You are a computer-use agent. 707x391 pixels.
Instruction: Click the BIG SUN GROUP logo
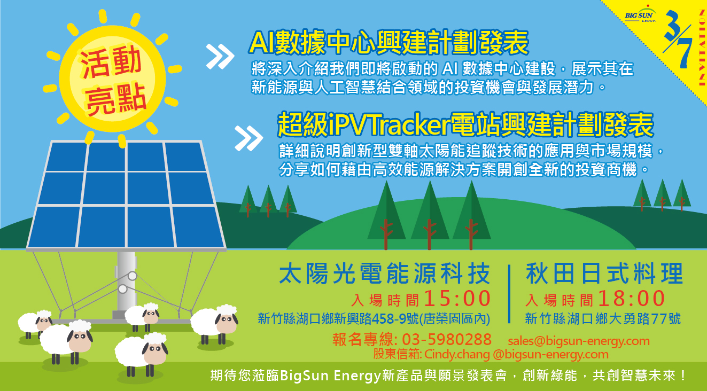[640, 14]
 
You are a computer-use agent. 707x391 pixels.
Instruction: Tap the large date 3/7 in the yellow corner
[678, 39]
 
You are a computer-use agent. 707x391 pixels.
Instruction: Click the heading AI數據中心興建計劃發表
[389, 43]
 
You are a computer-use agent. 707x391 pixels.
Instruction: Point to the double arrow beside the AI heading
[220, 57]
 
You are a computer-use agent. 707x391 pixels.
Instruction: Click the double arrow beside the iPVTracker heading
[248, 138]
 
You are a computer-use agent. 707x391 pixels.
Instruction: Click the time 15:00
[457, 299]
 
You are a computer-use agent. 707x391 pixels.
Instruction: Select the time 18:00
[632, 299]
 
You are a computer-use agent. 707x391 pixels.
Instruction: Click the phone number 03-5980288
[447, 340]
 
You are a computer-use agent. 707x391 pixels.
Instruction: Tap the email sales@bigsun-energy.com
[579, 341]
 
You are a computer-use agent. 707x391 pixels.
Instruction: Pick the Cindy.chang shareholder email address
[516, 354]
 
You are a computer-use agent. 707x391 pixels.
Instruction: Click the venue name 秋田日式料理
[604, 273]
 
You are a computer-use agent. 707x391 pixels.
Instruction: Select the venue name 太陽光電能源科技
[384, 273]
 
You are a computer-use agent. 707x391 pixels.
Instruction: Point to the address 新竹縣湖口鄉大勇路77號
[603, 319]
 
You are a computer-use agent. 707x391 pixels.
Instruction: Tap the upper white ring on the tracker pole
[132, 276]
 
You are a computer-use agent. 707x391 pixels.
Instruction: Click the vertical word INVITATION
[703, 48]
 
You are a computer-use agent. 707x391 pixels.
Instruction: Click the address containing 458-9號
[374, 319]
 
